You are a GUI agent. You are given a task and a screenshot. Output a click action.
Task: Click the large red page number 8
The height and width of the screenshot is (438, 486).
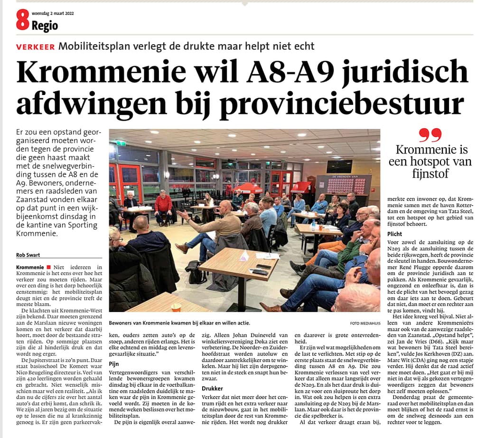tap(23, 20)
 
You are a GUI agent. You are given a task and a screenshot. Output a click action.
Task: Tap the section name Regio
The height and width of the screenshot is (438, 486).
tap(45, 26)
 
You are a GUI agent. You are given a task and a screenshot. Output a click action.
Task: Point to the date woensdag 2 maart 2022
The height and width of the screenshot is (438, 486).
tap(52, 13)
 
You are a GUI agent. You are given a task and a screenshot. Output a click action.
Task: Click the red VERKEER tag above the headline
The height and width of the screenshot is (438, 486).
tap(35, 47)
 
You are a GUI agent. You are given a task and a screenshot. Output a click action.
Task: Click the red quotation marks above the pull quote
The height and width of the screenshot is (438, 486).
tap(430, 135)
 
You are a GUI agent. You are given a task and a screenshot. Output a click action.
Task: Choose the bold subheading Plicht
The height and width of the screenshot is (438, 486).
tap(395, 234)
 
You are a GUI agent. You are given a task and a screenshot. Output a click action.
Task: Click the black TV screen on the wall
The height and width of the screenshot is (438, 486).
tap(339, 166)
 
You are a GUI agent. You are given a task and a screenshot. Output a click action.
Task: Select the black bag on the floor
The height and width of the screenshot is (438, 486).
tap(196, 272)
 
